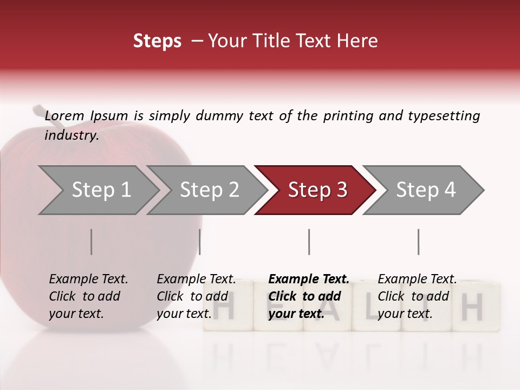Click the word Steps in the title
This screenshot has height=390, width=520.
click(x=157, y=41)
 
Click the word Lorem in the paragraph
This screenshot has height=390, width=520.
click(x=64, y=115)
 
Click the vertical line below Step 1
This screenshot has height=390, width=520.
click(x=92, y=242)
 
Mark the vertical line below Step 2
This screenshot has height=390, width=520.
click(x=200, y=242)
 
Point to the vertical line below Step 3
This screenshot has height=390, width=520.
click(x=309, y=242)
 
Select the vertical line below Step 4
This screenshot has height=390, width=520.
click(x=418, y=242)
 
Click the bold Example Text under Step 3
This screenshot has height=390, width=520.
click(x=309, y=279)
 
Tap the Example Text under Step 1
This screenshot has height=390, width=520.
click(x=88, y=279)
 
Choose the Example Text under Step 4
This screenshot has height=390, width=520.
click(x=417, y=279)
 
